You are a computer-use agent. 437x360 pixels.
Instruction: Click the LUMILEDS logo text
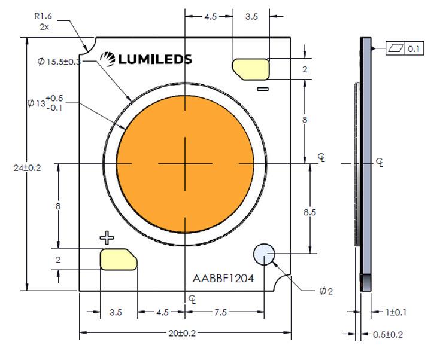click(155, 59)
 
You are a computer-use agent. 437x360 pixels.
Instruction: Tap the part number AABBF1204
click(223, 279)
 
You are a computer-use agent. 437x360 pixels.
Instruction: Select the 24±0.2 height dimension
click(28, 168)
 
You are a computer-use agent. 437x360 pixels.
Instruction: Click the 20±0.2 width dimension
click(182, 333)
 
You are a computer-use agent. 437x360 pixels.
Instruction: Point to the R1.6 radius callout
click(43, 16)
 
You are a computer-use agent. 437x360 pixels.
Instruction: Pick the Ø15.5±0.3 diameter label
click(59, 62)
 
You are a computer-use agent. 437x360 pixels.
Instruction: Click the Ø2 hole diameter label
click(326, 291)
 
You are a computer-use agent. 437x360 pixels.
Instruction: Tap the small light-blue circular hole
click(264, 254)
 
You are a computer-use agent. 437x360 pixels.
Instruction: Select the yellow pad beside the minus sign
click(251, 69)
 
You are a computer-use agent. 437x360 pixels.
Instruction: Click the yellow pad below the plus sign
click(119, 259)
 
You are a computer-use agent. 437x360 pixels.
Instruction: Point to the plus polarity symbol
click(107, 238)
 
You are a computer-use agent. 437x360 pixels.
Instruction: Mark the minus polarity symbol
click(263, 89)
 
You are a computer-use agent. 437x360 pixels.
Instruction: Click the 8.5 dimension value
click(309, 212)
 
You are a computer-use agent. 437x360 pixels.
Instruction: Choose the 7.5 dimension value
click(220, 312)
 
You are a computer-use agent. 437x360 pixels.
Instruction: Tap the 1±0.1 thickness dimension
click(396, 312)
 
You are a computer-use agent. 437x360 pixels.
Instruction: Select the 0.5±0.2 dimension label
click(388, 335)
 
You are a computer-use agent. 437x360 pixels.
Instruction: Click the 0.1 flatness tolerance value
click(414, 48)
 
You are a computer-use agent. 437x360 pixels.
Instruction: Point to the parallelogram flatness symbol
click(396, 48)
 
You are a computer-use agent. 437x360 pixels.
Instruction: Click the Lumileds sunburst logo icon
click(108, 59)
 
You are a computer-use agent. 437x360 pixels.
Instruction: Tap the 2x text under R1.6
click(44, 27)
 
